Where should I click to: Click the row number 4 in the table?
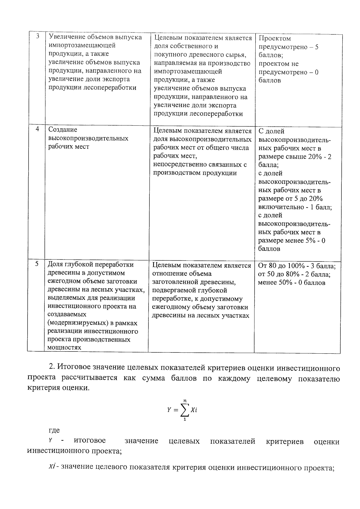point(37,129)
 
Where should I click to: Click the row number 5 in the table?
point(37,264)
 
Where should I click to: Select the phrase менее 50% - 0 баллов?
point(291,283)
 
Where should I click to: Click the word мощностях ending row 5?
point(64,347)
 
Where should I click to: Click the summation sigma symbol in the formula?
point(184,410)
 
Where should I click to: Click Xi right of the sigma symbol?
point(194,410)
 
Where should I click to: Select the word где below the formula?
point(54,430)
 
